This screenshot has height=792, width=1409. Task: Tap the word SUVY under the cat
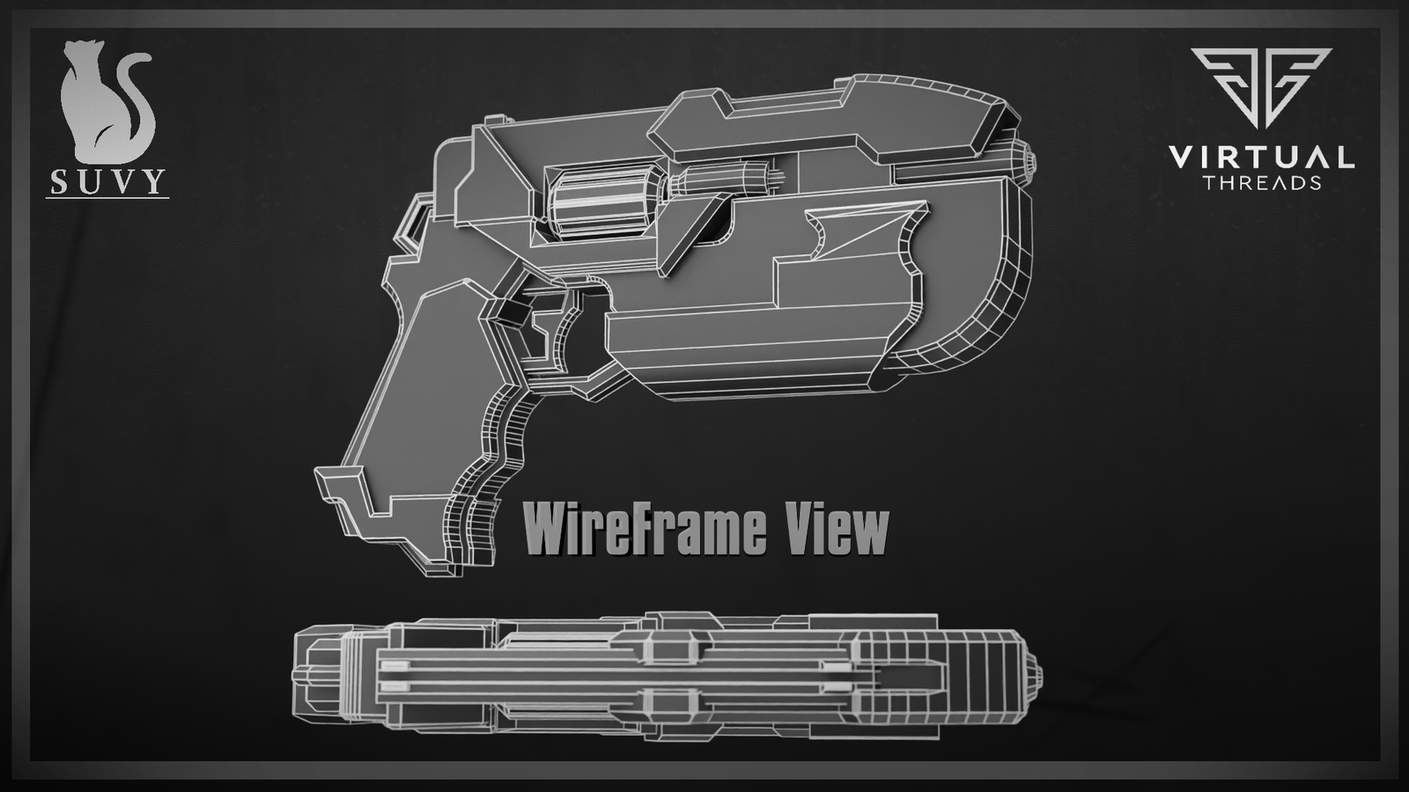tap(107, 181)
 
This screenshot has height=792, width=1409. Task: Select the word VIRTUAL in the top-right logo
tap(1260, 158)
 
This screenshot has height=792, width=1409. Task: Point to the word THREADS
tap(1261, 183)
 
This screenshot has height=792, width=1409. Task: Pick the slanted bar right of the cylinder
tap(696, 231)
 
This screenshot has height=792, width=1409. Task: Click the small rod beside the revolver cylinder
tap(722, 181)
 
